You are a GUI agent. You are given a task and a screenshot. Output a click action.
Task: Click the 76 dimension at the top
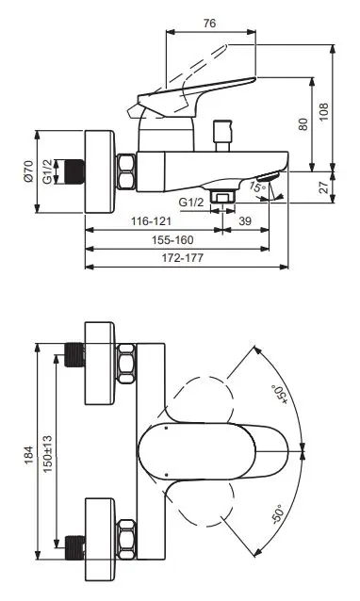coord(209,23)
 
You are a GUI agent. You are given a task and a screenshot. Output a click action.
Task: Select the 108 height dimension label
coord(324,112)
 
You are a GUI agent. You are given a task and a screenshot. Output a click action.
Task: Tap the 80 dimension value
coord(303,124)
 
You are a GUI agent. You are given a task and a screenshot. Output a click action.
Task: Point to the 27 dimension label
coord(324,187)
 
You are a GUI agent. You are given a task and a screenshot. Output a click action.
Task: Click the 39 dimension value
coord(245,221)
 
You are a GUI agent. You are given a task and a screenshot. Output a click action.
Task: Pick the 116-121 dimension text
coord(152,221)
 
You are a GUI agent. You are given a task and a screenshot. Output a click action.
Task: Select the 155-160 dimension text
coord(172,240)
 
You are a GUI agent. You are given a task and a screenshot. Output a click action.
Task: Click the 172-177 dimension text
coord(183,258)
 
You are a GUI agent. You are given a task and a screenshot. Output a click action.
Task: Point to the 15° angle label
coord(257,187)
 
